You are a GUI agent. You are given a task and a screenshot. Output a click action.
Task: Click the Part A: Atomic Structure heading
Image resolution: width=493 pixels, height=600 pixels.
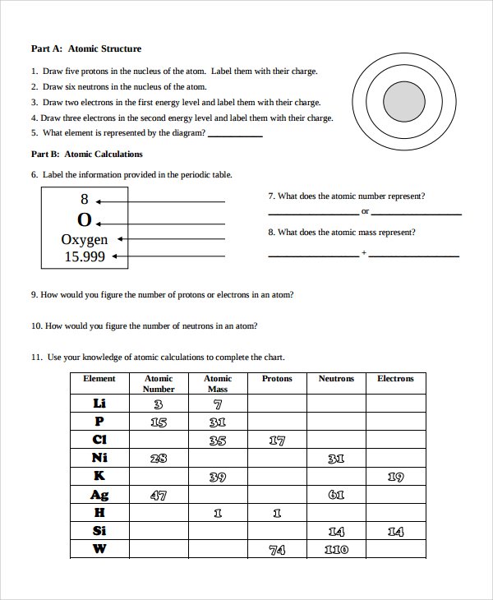[x=86, y=48]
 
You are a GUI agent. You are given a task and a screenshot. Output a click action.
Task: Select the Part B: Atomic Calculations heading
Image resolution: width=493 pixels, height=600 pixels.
[x=86, y=154]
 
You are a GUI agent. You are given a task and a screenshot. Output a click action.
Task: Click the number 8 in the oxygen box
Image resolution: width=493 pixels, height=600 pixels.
[x=84, y=200]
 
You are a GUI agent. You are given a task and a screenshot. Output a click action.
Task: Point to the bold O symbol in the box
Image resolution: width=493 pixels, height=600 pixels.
[x=84, y=220]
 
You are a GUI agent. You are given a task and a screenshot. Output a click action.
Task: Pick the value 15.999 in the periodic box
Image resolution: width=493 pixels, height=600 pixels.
[x=85, y=256]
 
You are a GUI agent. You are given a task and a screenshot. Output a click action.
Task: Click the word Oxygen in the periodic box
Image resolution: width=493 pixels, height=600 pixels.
[x=85, y=239]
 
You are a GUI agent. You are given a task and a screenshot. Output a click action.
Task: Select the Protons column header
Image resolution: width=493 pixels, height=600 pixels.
[x=277, y=379]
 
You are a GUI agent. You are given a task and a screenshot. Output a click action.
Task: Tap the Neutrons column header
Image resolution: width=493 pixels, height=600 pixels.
[x=336, y=379]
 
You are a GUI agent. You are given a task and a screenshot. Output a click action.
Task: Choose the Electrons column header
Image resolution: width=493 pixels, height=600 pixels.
[x=395, y=379]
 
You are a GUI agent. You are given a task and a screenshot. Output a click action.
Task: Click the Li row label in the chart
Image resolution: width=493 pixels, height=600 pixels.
[x=99, y=404]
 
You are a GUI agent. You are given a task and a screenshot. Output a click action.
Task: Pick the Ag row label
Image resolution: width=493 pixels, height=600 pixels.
[x=99, y=495]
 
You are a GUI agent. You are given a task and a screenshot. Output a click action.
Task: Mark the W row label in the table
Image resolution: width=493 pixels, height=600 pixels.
[x=99, y=549]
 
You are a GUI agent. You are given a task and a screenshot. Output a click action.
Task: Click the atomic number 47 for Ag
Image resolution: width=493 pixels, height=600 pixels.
[x=159, y=495]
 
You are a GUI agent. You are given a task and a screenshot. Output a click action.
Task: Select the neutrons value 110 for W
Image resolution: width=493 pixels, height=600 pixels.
[x=336, y=550]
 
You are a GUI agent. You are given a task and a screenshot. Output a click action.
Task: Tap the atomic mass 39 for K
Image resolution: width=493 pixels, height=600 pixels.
[x=218, y=477]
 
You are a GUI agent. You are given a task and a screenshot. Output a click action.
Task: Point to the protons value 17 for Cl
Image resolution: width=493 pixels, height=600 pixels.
[x=277, y=441]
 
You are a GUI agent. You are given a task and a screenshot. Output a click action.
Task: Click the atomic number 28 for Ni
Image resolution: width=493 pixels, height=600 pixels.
[x=159, y=459]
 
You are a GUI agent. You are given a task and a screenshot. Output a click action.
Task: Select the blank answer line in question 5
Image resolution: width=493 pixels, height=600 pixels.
[x=236, y=136]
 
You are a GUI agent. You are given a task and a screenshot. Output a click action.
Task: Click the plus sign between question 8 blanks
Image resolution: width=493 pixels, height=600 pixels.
[x=364, y=254]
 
